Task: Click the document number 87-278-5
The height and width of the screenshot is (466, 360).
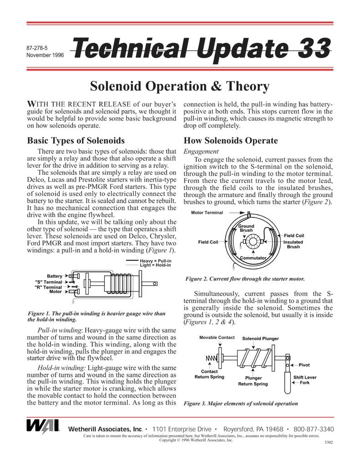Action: (37, 47)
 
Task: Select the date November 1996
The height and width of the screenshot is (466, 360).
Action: (45, 55)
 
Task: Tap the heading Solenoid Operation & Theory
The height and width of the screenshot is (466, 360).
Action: (180, 86)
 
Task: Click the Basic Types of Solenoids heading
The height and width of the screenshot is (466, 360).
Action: (76, 141)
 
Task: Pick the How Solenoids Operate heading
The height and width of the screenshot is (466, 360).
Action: (230, 141)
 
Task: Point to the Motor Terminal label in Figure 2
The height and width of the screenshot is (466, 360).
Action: (207, 213)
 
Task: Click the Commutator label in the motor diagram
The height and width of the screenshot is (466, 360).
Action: (253, 258)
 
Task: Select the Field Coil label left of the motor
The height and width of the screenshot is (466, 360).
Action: (208, 242)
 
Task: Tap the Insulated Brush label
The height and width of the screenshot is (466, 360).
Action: (293, 244)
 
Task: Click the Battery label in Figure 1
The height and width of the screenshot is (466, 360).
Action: (55, 276)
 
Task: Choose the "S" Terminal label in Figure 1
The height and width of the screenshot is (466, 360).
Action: (48, 282)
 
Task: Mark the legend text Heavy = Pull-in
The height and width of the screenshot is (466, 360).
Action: (155, 261)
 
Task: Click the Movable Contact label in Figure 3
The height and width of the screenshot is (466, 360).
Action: (217, 338)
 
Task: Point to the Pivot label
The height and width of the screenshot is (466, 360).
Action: (304, 365)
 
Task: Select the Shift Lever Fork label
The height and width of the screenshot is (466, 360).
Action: (305, 380)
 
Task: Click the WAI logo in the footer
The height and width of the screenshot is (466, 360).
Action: (43, 426)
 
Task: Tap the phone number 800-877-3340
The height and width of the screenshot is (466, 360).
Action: (314, 429)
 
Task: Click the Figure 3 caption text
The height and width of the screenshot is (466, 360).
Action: (241, 403)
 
